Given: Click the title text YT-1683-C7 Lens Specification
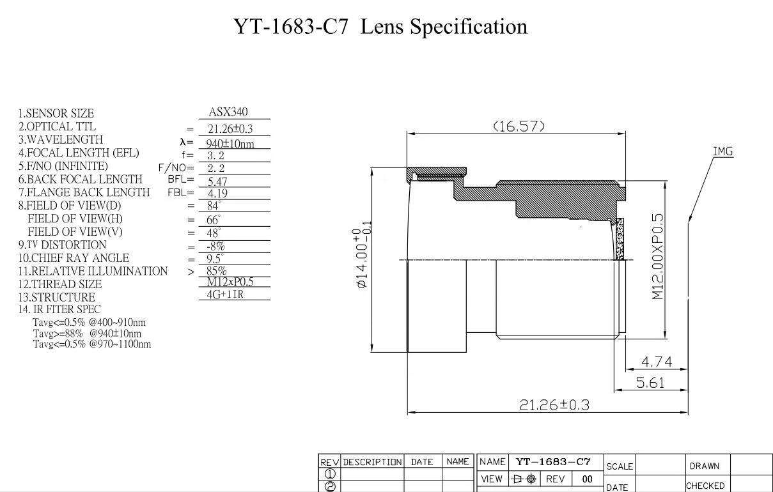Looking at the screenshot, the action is point(380,27).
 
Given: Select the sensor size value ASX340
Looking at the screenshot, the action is point(228,112).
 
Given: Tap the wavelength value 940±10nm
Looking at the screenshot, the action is point(230,144).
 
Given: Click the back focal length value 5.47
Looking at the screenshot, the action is point(217,181).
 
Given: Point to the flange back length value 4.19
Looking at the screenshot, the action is point(217,193).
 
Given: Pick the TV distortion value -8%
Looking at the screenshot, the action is point(215,247).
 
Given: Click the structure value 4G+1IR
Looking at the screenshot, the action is point(225,295).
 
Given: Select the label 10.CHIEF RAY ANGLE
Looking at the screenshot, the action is point(74,258).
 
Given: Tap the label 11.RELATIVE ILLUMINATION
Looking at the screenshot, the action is point(93,272).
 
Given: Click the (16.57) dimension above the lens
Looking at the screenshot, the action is point(519,126).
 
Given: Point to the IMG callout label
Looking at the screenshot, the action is point(722,151).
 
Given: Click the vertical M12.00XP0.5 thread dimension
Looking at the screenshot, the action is point(658,257).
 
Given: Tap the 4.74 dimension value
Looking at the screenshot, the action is point(656,362).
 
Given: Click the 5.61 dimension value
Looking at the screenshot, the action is point(651,383).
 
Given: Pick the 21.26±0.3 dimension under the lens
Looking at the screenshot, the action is point(554,405).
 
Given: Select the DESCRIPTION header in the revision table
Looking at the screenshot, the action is point(373,462).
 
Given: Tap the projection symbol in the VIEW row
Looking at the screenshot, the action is point(524,479).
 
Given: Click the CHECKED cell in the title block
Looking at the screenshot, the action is point(705,486).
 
